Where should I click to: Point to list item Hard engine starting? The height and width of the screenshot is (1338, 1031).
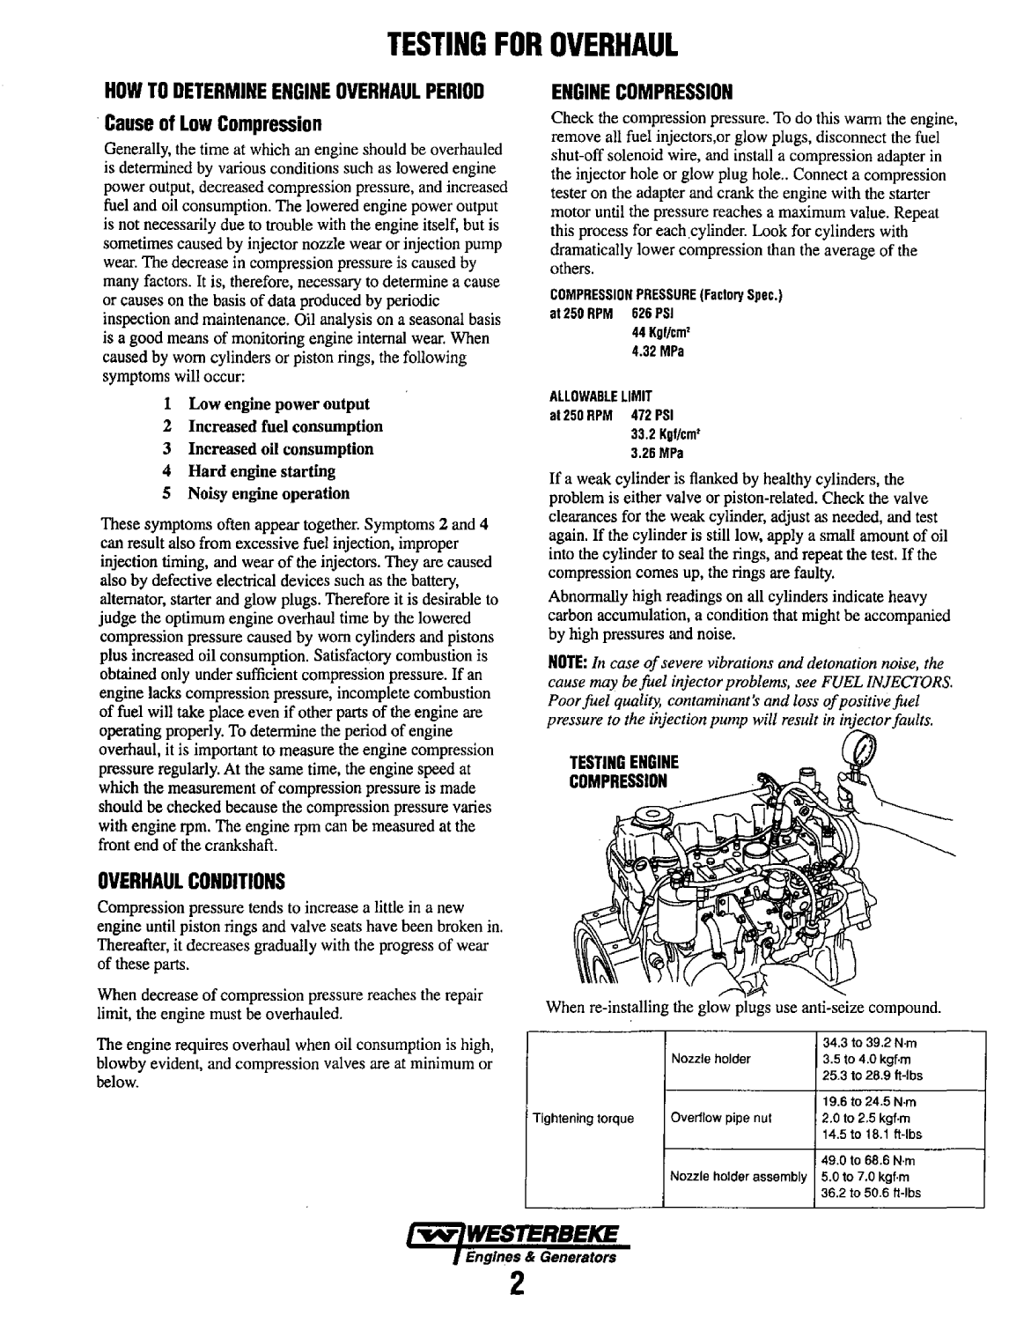[261, 471]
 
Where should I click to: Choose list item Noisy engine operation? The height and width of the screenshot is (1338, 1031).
[268, 493]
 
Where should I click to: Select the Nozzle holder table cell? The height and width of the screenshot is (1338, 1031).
[710, 1059]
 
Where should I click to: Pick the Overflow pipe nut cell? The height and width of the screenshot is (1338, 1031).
[720, 1119]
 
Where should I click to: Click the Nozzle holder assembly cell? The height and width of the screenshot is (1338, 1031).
[738, 1177]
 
